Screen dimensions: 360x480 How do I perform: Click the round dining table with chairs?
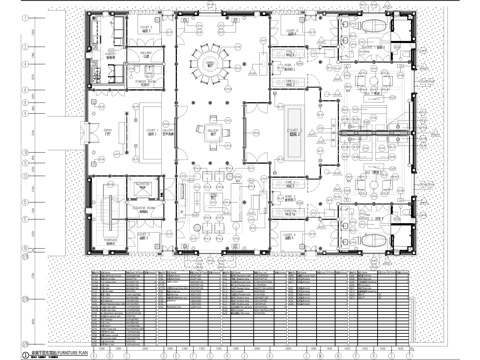coord(210,61)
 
